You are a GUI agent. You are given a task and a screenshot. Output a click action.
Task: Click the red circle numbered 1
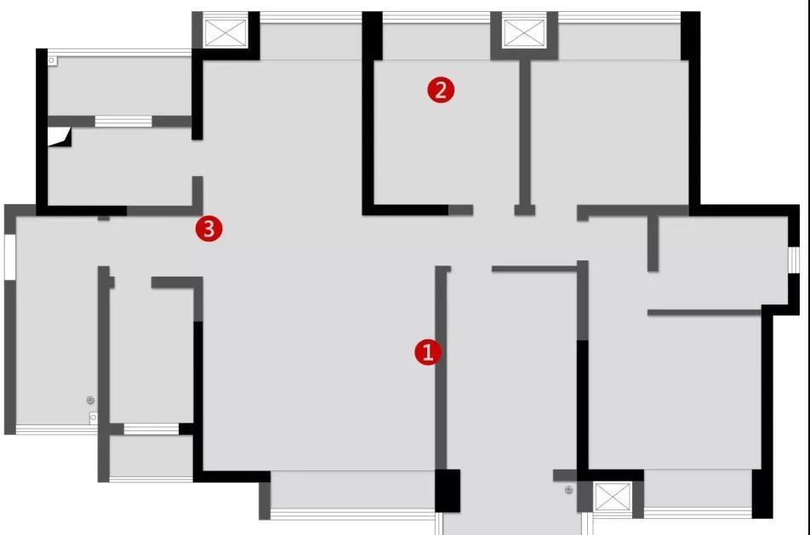(x=428, y=351)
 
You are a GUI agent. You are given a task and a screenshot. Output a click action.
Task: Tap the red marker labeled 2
(x=441, y=90)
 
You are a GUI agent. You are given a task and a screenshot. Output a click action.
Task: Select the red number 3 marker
(x=208, y=228)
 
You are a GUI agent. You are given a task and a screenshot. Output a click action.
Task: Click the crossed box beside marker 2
(x=524, y=33)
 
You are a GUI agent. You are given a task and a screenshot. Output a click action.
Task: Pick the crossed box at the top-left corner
(x=225, y=33)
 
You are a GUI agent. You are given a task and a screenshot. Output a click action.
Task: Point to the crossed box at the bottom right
(x=613, y=497)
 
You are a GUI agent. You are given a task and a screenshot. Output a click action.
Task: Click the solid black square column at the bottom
(x=448, y=491)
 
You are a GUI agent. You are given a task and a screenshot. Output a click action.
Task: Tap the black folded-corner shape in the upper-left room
(x=60, y=138)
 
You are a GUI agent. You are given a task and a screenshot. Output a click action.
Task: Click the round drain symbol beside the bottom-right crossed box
(x=568, y=490)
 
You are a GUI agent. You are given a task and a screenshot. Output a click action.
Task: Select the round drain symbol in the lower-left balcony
(x=90, y=401)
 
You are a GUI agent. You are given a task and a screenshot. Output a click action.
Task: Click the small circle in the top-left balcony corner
(x=52, y=60)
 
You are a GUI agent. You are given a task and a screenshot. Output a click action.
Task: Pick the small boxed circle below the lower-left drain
(x=94, y=417)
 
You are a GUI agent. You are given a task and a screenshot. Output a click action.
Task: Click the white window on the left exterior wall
(x=10, y=257)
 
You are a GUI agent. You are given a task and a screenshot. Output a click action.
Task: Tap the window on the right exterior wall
(x=794, y=259)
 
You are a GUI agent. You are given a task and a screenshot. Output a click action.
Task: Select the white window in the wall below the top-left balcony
(x=123, y=122)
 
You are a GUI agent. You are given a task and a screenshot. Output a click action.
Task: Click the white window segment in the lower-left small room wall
(x=151, y=430)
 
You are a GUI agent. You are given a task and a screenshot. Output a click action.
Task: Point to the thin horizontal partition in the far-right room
(x=704, y=312)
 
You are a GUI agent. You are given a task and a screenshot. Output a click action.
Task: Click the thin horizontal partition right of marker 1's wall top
(x=534, y=269)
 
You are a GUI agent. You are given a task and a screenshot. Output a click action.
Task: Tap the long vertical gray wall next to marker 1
(x=441, y=368)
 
